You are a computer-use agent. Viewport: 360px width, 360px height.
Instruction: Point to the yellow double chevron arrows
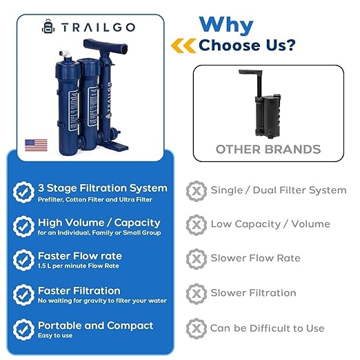183,46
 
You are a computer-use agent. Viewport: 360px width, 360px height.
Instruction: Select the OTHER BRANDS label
268,149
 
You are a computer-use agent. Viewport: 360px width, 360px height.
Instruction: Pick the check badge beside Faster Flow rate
24,260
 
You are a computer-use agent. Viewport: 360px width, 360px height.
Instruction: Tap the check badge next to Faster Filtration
24,294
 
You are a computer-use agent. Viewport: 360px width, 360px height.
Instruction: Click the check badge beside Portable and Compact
24,329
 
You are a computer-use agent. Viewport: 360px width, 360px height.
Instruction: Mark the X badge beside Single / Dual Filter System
197,190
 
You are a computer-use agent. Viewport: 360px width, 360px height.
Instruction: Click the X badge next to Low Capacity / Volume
197,224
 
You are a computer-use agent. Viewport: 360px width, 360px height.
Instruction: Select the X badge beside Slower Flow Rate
197,259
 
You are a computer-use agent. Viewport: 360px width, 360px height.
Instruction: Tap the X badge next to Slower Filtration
197,293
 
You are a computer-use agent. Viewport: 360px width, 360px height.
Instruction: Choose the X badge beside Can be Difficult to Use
197,328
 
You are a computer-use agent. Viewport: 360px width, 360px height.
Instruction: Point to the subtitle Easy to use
54,336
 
